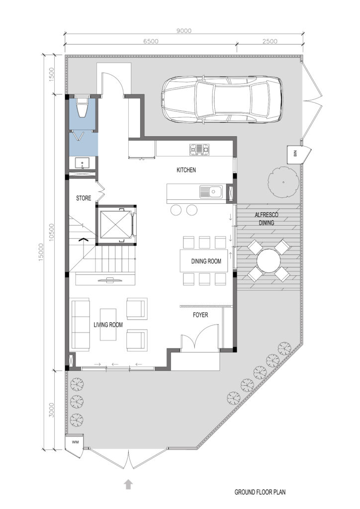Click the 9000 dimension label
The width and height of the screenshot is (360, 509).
click(x=184, y=31)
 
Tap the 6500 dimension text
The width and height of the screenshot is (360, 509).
click(x=151, y=41)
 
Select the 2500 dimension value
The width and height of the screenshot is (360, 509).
click(x=270, y=41)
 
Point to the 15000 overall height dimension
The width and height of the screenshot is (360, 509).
click(x=41, y=253)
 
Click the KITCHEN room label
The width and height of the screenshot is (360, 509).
click(x=186, y=170)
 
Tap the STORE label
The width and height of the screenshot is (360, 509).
click(x=84, y=198)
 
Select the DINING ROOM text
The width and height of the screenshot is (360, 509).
click(x=206, y=261)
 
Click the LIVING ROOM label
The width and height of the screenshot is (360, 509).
click(x=108, y=325)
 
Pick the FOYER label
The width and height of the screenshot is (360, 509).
click(x=200, y=315)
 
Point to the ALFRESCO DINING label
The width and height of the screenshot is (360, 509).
click(x=266, y=219)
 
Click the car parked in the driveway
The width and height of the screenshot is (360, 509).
click(x=222, y=99)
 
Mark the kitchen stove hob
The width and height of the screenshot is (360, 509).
click(x=199, y=149)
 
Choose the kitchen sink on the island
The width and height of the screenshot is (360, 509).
click(x=210, y=191)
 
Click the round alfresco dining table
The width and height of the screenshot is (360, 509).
click(x=269, y=260)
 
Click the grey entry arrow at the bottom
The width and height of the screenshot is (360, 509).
click(x=129, y=484)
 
